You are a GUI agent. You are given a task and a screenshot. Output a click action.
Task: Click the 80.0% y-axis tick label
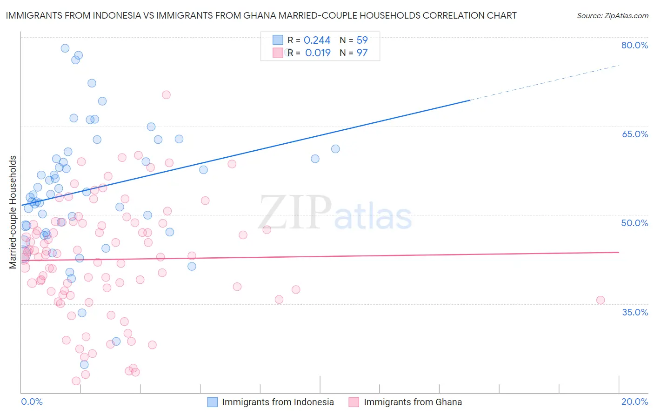(634, 45)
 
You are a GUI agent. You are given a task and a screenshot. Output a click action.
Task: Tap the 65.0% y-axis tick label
(634, 134)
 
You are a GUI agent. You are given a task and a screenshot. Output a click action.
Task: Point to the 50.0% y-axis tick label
(634, 223)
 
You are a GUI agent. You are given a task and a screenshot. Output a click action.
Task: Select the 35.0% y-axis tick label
(634, 312)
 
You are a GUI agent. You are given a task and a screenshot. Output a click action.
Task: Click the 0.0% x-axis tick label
(32, 402)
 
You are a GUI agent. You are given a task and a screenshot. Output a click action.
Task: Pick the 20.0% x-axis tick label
(634, 402)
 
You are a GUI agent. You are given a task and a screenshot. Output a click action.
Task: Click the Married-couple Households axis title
(13, 212)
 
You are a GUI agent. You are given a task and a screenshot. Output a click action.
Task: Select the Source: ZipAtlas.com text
(612, 15)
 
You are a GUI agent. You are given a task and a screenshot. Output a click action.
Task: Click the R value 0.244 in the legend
(317, 40)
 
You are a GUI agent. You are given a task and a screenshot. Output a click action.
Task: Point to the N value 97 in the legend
(362, 53)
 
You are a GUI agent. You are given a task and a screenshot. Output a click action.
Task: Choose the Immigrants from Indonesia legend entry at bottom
(271, 402)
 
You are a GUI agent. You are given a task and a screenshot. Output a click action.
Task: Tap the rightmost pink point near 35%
(601, 300)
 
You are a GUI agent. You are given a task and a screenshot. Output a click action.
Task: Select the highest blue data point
(65, 48)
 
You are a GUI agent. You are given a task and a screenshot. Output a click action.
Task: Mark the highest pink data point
(166, 95)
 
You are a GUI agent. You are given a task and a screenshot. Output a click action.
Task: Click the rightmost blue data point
(335, 149)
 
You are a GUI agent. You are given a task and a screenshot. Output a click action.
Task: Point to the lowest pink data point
(76, 381)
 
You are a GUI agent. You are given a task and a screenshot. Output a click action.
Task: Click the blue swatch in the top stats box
(278, 40)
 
